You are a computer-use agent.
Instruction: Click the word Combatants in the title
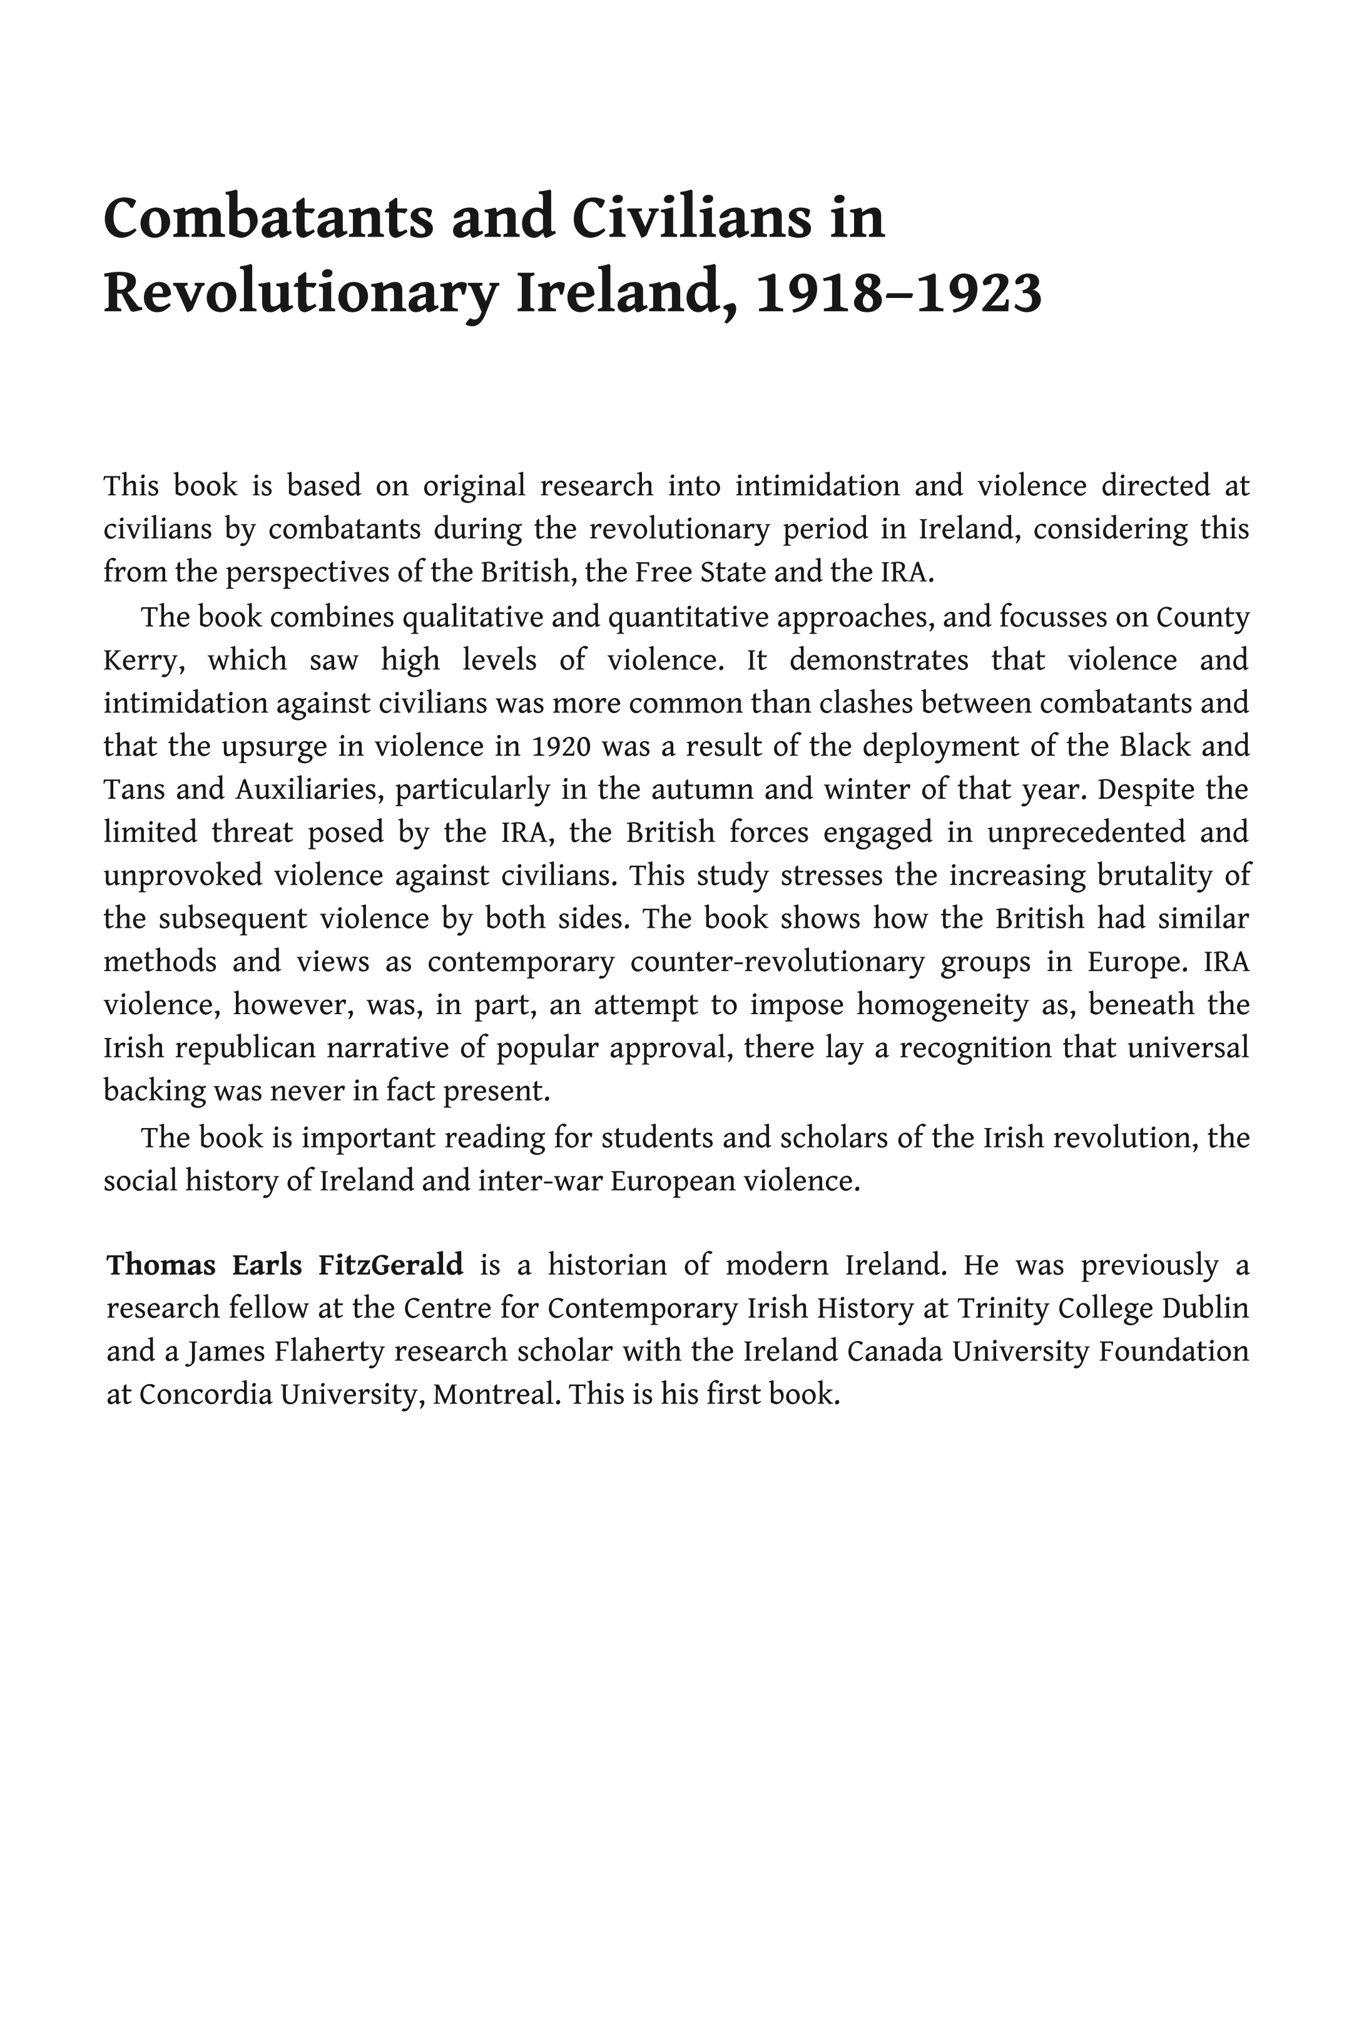tap(268, 218)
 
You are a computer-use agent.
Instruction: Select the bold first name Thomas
tap(161, 1266)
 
